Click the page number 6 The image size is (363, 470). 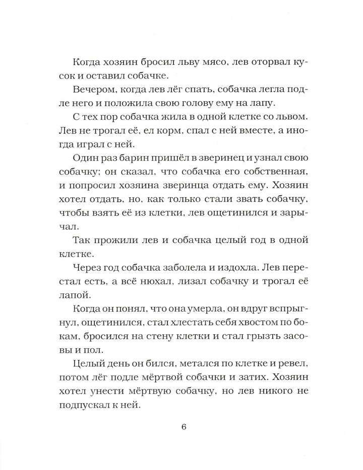tap(184, 428)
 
